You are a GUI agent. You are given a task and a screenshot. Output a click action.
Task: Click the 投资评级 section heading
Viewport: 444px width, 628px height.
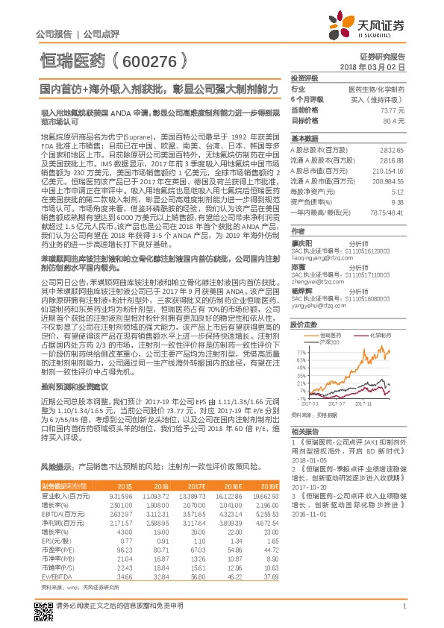[x=304, y=78]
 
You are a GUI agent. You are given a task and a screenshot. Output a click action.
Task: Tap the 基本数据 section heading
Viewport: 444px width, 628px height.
[x=304, y=139]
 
